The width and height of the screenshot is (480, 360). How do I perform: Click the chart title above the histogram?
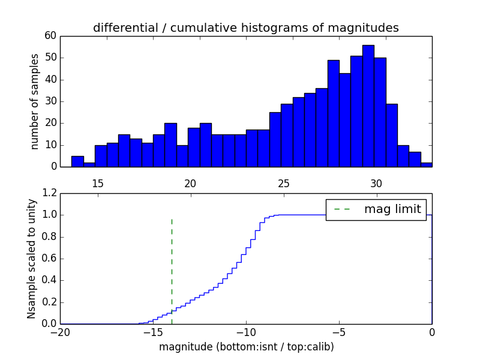[x=245, y=28]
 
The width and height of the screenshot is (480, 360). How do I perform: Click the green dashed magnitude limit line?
[x=172, y=264]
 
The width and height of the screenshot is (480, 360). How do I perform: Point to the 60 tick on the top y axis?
[x=50, y=36]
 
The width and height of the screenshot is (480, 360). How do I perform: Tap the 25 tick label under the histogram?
[x=283, y=184]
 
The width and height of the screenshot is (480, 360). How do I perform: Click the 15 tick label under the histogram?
[x=98, y=184]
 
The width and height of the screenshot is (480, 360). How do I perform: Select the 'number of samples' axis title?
[x=35, y=101]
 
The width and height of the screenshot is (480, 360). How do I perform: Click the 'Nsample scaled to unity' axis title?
[x=32, y=259]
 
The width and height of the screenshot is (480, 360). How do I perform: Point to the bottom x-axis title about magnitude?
[x=246, y=347]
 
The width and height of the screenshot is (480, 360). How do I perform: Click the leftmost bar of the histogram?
[x=77, y=161]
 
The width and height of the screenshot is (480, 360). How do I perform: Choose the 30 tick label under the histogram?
[x=376, y=184]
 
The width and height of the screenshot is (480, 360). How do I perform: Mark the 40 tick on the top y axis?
[x=50, y=80]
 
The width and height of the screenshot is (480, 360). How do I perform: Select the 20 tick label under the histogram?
[x=190, y=184]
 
